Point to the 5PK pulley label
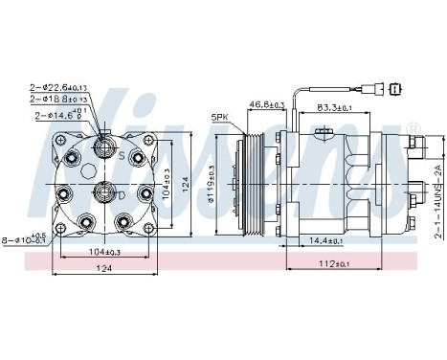tap(219, 120)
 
